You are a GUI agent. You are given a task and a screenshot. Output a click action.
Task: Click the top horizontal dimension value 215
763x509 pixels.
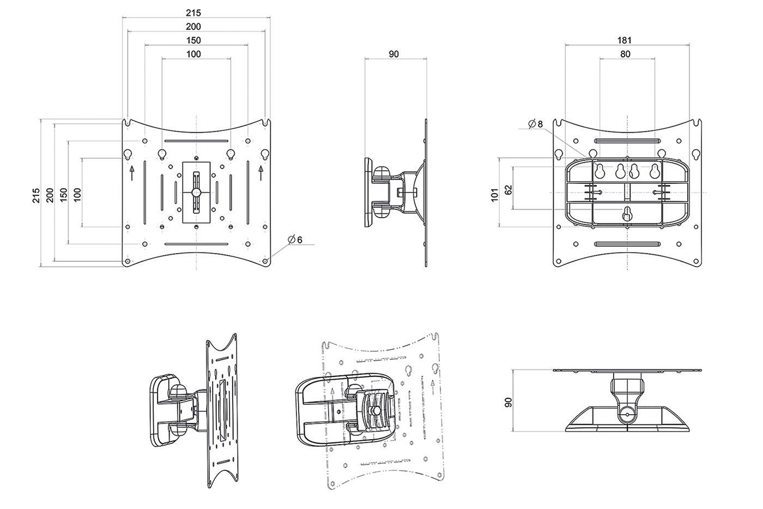pyautogui.click(x=193, y=13)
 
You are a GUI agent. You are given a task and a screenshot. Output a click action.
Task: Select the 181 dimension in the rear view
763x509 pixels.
pyautogui.click(x=625, y=40)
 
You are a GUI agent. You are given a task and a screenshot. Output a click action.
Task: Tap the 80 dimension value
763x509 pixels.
pyautogui.click(x=626, y=54)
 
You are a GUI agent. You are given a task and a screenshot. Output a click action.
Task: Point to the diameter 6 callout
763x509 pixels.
pyautogui.click(x=295, y=240)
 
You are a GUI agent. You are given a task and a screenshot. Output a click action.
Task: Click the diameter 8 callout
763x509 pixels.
pyautogui.click(x=535, y=124)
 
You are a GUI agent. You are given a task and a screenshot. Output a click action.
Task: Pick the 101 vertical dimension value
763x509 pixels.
pyautogui.click(x=495, y=195)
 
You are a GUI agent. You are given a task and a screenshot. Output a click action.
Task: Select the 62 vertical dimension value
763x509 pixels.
pyautogui.click(x=508, y=190)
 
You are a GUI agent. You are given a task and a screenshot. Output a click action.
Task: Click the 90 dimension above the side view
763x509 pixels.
pyautogui.click(x=393, y=54)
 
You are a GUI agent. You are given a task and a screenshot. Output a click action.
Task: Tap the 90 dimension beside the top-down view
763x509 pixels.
pyautogui.click(x=508, y=402)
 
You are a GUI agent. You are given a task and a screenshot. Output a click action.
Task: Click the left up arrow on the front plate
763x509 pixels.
pyautogui.click(x=132, y=173)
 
